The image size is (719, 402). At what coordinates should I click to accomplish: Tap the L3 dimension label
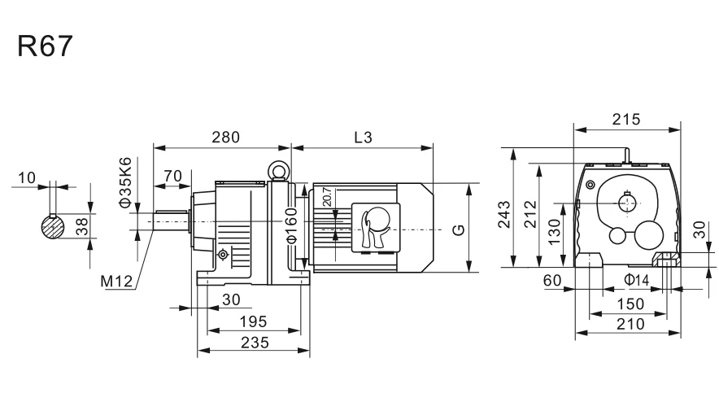[363, 138]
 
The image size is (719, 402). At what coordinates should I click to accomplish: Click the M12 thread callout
[116, 282]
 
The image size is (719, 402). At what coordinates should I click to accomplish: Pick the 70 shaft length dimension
[172, 175]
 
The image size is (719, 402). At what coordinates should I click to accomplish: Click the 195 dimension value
[254, 322]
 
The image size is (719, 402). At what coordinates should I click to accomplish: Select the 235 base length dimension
[254, 344]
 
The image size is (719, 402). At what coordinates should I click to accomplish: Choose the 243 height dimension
[504, 214]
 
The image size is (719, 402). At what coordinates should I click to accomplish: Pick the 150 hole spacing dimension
[630, 304]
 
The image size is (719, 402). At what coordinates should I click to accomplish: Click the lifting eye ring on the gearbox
[279, 171]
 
